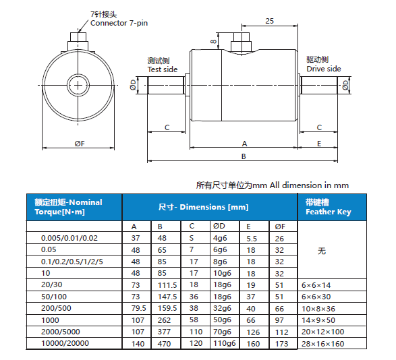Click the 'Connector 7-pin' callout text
tap(119, 23)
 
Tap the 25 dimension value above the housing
tap(269, 21)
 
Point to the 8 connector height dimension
tap(213, 41)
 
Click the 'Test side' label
tap(163, 69)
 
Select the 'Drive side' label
tap(324, 69)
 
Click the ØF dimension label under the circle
tap(80, 144)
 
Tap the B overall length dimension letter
tap(244, 156)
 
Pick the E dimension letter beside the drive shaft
tap(319, 144)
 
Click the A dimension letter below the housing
tap(244, 144)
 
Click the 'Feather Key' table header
tap(329, 212)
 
